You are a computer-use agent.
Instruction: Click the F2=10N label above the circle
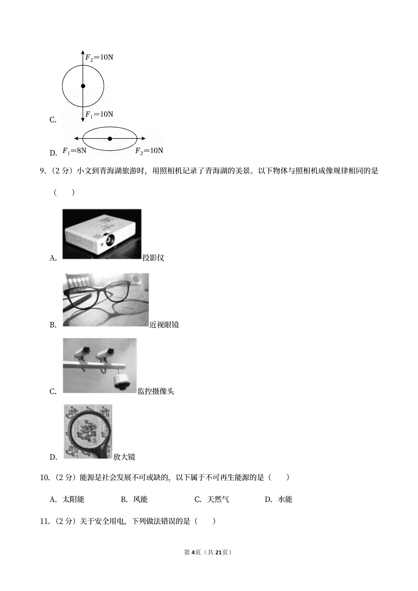(99, 58)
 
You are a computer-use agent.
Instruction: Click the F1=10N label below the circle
(99, 114)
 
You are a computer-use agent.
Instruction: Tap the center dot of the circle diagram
(83, 86)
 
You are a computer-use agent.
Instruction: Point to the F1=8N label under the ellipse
(74, 151)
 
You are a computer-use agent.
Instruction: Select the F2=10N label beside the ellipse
(149, 151)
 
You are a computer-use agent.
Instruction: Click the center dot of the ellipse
(110, 138)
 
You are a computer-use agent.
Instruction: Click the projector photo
(101, 234)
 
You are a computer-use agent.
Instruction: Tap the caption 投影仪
(153, 258)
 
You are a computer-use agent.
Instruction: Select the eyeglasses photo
(105, 300)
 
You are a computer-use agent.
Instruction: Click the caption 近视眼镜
(164, 325)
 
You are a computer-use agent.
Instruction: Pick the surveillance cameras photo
(99, 365)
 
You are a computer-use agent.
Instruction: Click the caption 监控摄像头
(156, 391)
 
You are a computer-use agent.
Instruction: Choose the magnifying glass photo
(87, 432)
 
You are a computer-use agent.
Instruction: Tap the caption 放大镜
(124, 457)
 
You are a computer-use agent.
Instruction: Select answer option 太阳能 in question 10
(73, 499)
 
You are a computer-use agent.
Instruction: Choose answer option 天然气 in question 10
(218, 499)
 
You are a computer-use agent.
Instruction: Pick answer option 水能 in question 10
(285, 499)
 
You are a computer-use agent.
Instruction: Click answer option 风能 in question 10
(140, 499)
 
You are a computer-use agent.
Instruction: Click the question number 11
(45, 521)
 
